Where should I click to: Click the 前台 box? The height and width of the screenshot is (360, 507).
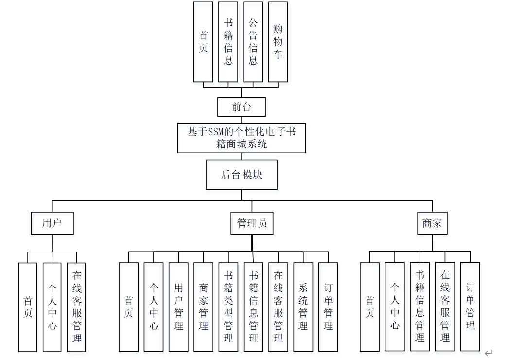pyautogui.click(x=241, y=107)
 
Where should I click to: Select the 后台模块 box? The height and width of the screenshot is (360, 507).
pyautogui.click(x=242, y=175)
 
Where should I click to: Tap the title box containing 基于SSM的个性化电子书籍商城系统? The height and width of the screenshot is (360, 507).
pyautogui.click(x=242, y=138)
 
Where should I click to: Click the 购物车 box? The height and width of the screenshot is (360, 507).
pyautogui.click(x=278, y=42)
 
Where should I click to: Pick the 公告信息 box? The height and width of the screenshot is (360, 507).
pyautogui.click(x=253, y=42)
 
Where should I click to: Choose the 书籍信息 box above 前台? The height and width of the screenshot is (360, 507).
pyautogui.click(x=228, y=42)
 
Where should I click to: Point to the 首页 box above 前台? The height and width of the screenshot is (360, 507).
pyautogui.click(x=203, y=42)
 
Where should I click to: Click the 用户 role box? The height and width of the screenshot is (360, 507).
pyautogui.click(x=52, y=223)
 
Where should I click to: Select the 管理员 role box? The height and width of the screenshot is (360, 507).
pyautogui.click(x=252, y=223)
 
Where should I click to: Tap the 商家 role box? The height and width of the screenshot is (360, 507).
pyautogui.click(x=432, y=223)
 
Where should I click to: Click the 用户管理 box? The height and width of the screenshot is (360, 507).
pyautogui.click(x=178, y=307)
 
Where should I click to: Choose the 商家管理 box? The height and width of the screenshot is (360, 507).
pyautogui.click(x=203, y=307)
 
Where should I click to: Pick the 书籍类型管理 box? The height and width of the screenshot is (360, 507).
pyautogui.click(x=228, y=307)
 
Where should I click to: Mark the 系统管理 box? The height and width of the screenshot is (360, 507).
pyautogui.click(x=303, y=307)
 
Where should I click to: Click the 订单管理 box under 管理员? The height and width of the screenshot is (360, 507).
pyautogui.click(x=328, y=307)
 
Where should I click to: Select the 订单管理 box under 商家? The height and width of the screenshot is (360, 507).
pyautogui.click(x=470, y=307)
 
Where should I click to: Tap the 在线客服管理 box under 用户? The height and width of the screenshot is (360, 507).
pyautogui.click(x=76, y=307)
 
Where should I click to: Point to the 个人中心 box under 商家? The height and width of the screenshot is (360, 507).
pyautogui.click(x=395, y=307)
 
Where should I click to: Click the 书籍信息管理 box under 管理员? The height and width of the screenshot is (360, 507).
pyautogui.click(x=253, y=307)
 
